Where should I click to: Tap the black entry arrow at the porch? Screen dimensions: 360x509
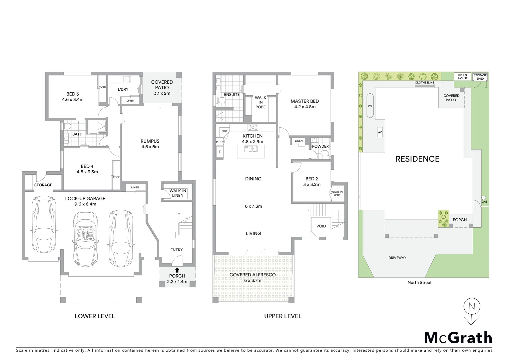177,270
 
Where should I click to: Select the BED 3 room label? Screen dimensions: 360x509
73,97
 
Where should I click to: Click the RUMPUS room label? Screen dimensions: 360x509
150,144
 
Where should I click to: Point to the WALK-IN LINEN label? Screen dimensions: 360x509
178,193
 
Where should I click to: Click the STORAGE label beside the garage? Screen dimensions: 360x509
43,185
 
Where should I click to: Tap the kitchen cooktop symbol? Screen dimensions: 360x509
253,127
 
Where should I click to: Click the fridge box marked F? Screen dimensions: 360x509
220,152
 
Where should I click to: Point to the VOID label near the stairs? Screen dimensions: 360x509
321,226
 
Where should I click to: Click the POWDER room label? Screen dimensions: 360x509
320,146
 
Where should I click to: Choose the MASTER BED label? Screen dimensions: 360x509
304,104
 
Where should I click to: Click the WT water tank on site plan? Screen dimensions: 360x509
370,106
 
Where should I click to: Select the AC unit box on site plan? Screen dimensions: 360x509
380,132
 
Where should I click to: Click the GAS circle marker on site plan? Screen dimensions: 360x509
484,197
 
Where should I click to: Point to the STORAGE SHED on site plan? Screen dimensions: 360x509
480,77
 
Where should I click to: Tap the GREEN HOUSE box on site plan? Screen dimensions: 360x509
462,77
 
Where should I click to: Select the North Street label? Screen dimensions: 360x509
419,282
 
